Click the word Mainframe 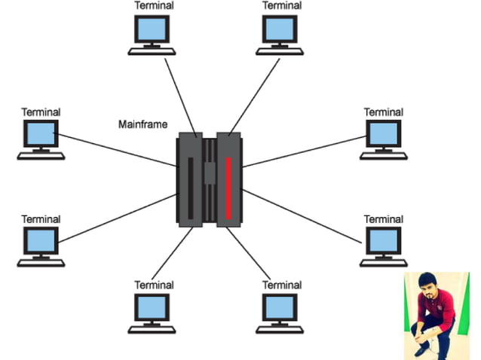point(142,124)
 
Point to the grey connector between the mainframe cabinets point(210,173)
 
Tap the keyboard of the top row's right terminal point(281,51)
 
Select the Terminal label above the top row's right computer point(281,5)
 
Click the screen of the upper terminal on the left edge point(41,135)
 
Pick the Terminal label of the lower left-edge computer point(41,219)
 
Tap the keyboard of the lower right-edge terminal point(383,263)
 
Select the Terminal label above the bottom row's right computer point(281,285)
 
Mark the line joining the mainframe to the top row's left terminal point(182,94)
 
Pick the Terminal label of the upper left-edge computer point(41,112)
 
